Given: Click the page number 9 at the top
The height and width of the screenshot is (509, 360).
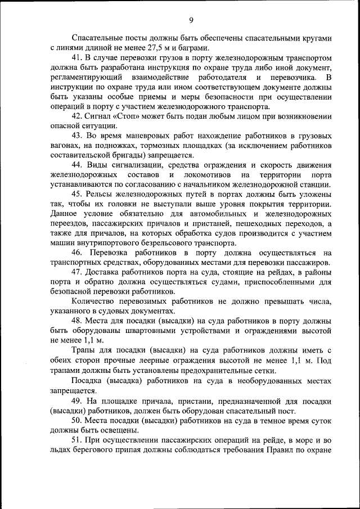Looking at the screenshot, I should (191, 21).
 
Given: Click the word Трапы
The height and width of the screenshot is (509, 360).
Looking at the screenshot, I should (84, 350).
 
